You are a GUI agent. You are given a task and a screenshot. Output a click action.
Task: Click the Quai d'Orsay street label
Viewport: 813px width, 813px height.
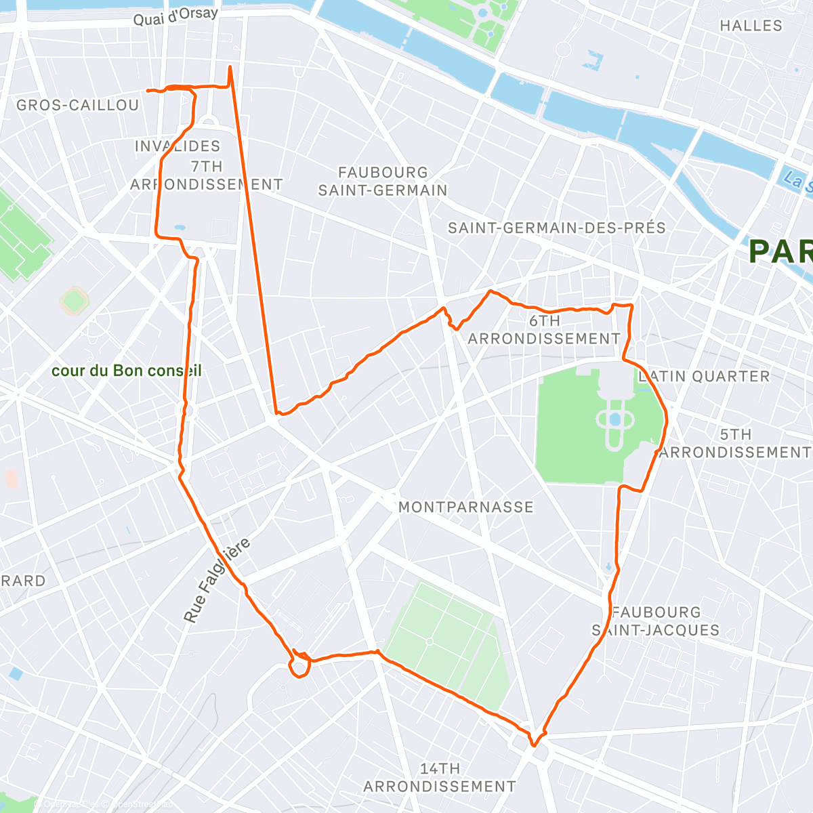coord(175,16)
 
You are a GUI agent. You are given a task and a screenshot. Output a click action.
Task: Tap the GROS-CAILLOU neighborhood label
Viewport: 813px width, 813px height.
coord(78,105)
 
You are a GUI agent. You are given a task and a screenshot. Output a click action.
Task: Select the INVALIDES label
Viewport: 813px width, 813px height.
coord(178,146)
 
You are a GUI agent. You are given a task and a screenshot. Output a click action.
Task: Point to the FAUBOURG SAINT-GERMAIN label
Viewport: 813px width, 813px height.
coord(383,182)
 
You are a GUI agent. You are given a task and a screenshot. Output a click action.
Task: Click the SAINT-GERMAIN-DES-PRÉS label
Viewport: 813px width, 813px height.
coord(557,228)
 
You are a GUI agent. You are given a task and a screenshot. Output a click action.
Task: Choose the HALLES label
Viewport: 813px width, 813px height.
coord(751,26)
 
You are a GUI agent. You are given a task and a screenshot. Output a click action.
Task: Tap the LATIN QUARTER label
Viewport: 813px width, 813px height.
coord(705,376)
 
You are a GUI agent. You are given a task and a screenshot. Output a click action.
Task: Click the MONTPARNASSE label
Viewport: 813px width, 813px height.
coord(466,507)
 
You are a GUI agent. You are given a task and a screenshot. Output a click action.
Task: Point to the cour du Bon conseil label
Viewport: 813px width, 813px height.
coord(127,371)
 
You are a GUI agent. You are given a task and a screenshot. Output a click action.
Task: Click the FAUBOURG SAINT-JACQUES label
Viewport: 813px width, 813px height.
coord(656,621)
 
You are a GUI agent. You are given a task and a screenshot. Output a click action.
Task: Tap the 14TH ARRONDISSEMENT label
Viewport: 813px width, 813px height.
coord(440,777)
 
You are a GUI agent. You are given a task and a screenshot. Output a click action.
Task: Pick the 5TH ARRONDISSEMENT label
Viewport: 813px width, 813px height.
coord(735,443)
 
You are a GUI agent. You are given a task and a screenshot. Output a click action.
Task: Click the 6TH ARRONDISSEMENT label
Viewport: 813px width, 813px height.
coord(544,329)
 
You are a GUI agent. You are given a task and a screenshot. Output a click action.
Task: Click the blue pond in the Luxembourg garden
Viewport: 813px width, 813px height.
coord(614,420)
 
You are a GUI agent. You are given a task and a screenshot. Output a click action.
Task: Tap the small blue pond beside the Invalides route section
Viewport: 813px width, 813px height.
coord(180,228)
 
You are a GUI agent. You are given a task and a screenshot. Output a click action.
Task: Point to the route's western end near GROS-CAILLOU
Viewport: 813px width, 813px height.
coord(148,90)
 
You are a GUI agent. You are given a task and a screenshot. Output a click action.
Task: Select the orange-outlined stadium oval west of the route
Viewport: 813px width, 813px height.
coord(74,300)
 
